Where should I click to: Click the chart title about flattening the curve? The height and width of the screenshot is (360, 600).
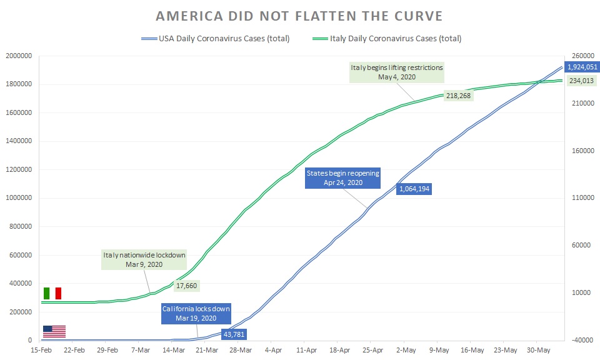coord(300,16)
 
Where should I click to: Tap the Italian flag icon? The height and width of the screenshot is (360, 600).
coord(52,293)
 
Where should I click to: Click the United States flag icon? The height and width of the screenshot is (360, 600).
coord(54,331)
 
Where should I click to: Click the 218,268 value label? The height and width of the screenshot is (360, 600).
coord(459,96)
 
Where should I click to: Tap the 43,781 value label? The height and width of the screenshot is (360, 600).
coord(234,334)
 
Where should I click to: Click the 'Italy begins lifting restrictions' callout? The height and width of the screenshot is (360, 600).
coord(396,72)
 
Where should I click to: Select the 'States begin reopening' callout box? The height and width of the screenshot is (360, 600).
coord(342,178)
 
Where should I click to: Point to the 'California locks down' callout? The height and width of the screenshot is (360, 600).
coord(196,313)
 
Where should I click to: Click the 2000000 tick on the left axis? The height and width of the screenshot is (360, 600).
coord(19,56)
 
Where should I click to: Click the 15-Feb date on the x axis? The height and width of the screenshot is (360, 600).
coord(42,350)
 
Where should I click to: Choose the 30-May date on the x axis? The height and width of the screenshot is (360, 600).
coord(539,350)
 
